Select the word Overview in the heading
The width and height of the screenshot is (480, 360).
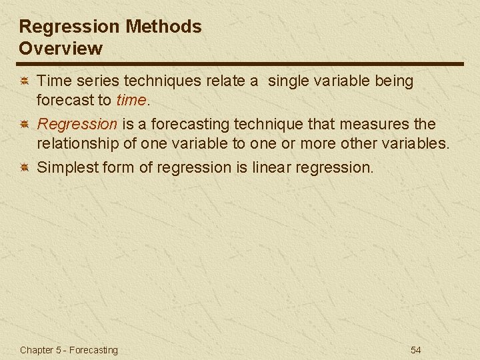pyautogui.click(x=61, y=49)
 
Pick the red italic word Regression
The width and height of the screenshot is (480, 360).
pyautogui.click(x=77, y=124)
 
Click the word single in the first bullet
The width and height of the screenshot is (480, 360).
pyautogui.click(x=293, y=81)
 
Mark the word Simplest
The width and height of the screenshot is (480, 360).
pyautogui.click(x=66, y=167)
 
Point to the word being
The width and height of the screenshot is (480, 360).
pyautogui.click(x=393, y=81)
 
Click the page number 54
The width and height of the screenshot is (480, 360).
pyautogui.click(x=415, y=350)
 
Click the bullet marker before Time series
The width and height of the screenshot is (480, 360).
pyautogui.click(x=23, y=81)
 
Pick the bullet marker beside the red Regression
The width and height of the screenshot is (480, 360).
pyautogui.click(x=23, y=125)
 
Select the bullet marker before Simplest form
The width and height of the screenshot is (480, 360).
pyautogui.click(x=23, y=167)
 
